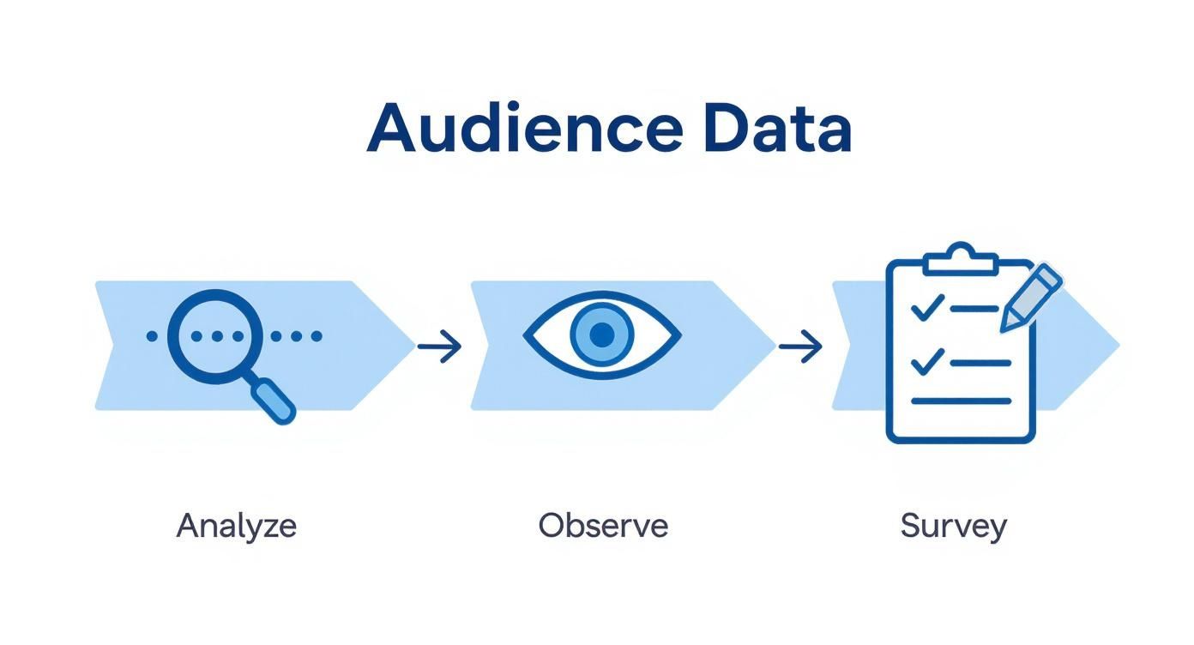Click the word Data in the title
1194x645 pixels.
click(x=775, y=129)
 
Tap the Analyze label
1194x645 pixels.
click(x=236, y=525)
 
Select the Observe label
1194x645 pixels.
click(x=603, y=525)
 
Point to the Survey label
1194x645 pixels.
click(x=953, y=525)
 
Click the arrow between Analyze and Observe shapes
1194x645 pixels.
click(x=440, y=347)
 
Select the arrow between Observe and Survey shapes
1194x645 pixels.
click(x=800, y=347)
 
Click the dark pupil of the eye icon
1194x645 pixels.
click(x=603, y=334)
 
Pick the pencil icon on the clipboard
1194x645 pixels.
click(x=1032, y=297)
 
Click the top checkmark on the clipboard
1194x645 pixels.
click(x=927, y=307)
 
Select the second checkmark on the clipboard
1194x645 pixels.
click(x=927, y=361)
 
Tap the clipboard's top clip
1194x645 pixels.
click(x=961, y=256)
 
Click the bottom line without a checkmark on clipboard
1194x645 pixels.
click(x=961, y=400)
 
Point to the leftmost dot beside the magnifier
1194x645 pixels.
click(x=153, y=336)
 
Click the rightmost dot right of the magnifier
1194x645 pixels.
click(x=317, y=336)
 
